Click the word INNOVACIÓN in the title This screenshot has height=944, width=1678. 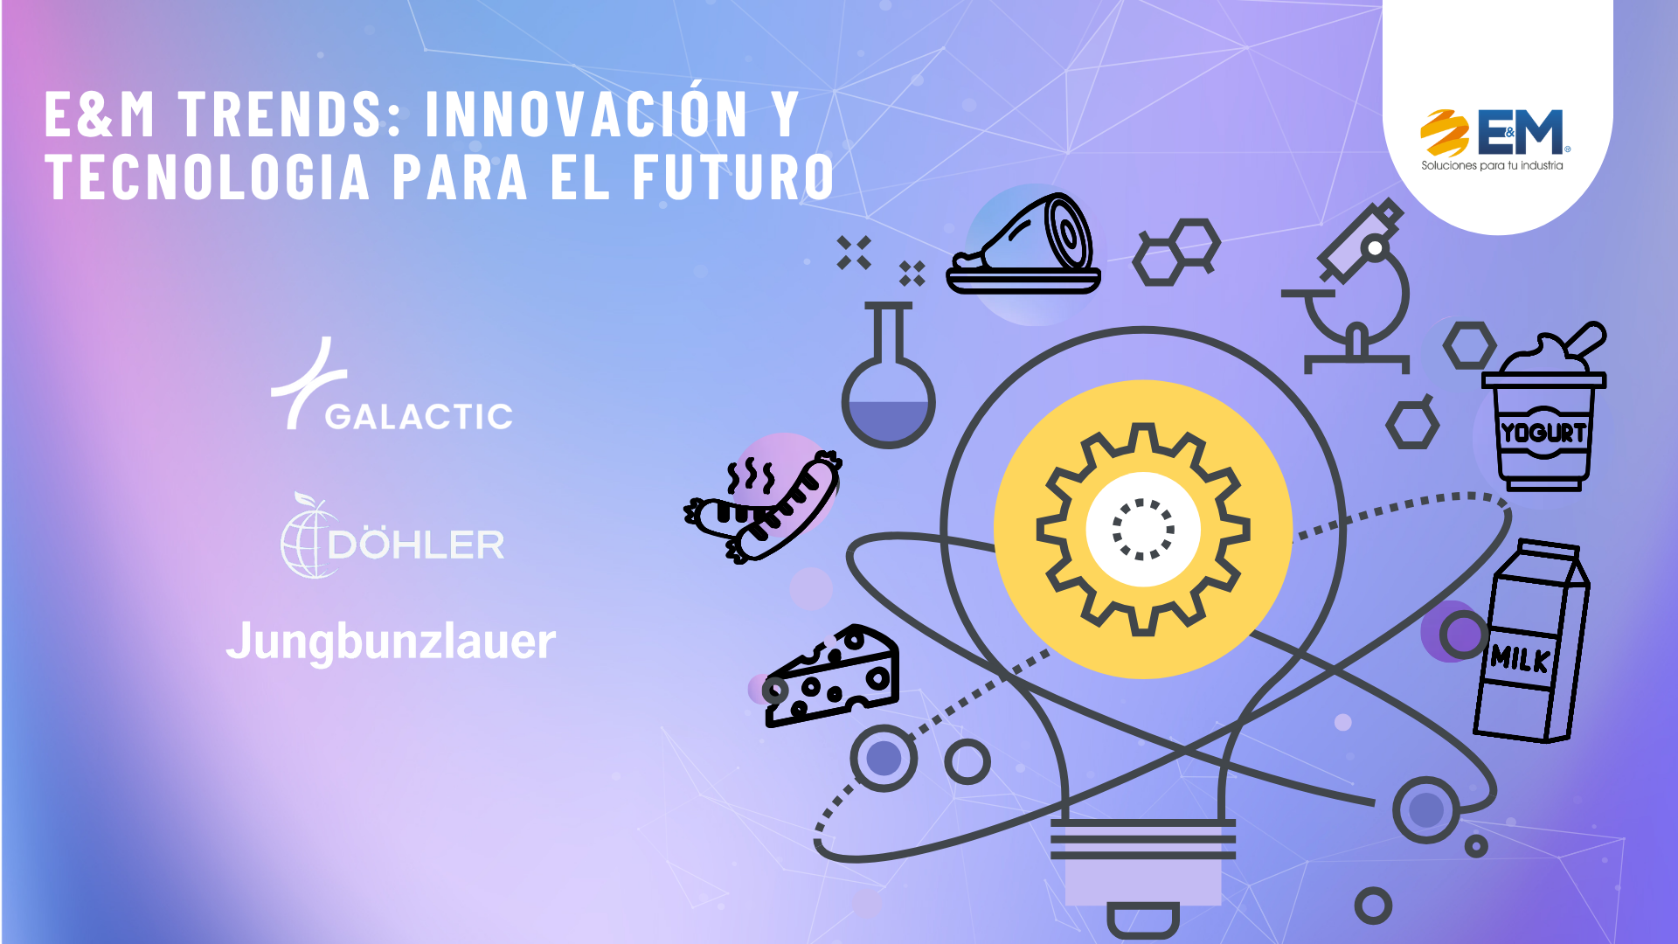586,113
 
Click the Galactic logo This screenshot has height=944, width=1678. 392,385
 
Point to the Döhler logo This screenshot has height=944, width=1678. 392,535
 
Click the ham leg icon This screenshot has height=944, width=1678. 1023,244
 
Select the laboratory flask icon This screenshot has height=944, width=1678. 888,376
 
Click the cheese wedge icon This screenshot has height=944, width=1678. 831,676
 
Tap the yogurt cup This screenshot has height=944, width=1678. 1544,407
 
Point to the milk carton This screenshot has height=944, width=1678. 1531,641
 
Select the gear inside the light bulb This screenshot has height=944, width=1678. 1143,529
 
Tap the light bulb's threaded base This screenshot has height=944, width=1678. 1143,839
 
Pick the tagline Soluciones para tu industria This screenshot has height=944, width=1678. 1492,165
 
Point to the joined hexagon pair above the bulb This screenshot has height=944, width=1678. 1176,252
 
